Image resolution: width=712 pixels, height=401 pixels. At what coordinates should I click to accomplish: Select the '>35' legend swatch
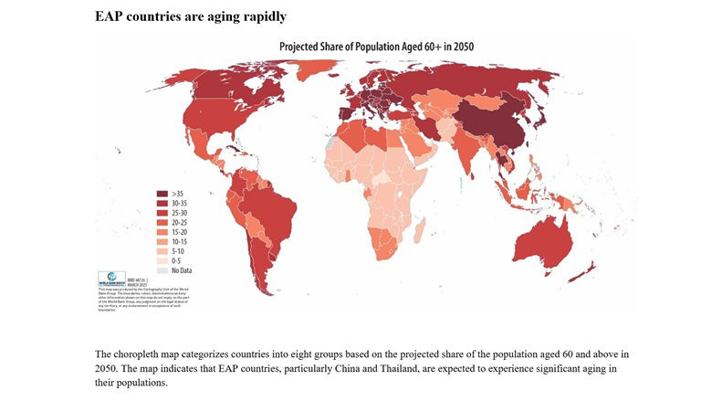pyautogui.click(x=162, y=194)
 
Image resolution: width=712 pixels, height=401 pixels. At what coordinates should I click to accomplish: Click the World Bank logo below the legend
pyautogui.click(x=110, y=277)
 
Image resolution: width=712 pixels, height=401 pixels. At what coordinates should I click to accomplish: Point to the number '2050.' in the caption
pyautogui.click(x=109, y=368)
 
